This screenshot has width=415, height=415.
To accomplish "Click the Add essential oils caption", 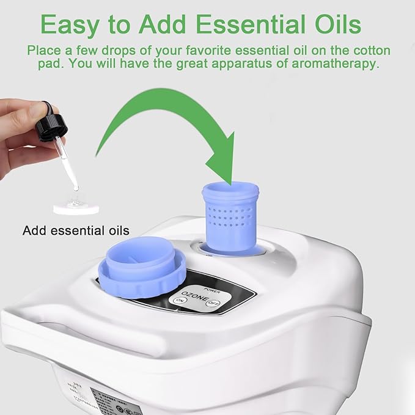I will (x=76, y=230).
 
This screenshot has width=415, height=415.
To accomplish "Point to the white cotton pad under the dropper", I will (x=76, y=207).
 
